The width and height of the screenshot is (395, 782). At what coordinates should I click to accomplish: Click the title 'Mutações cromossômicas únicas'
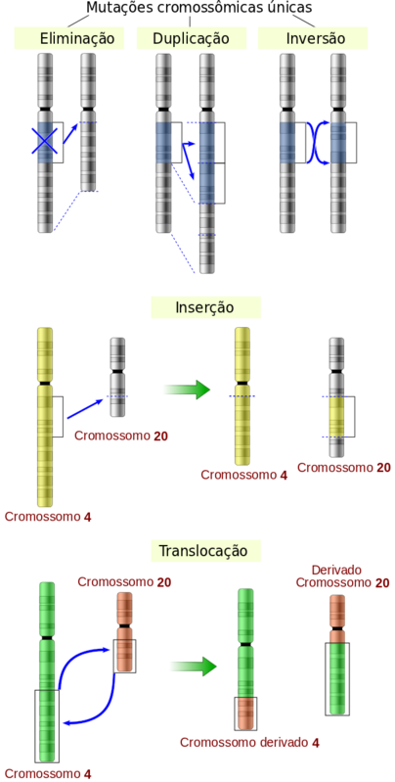point(198,8)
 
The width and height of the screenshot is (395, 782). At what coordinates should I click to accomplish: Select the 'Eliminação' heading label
point(74,38)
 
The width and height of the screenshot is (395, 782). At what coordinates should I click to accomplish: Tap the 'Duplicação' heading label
point(192,38)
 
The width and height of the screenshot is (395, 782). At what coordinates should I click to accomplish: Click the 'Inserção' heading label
point(204,307)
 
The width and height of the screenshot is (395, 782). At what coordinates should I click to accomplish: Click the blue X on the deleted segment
point(45,141)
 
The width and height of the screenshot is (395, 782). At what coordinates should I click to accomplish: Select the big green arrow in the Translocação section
point(194,667)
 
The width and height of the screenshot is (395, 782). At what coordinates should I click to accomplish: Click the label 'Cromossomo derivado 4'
point(249,743)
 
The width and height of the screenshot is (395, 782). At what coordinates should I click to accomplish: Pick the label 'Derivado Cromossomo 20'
point(343,576)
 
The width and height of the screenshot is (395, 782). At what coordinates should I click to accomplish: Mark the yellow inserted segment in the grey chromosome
point(336,417)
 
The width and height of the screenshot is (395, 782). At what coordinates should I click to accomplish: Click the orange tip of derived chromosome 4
point(245,713)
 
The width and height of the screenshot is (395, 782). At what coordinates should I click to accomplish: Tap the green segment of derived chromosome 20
point(336,678)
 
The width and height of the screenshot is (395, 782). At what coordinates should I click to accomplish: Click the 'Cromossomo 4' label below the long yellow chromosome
point(48,517)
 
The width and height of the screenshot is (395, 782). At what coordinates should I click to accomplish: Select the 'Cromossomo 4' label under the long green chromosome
point(48,774)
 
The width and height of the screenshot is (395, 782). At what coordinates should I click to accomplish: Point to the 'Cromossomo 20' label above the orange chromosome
point(124,582)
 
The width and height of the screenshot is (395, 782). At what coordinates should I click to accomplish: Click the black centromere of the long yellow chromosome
point(45,383)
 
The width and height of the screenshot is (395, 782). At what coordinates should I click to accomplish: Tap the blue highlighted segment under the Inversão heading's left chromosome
point(286,143)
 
